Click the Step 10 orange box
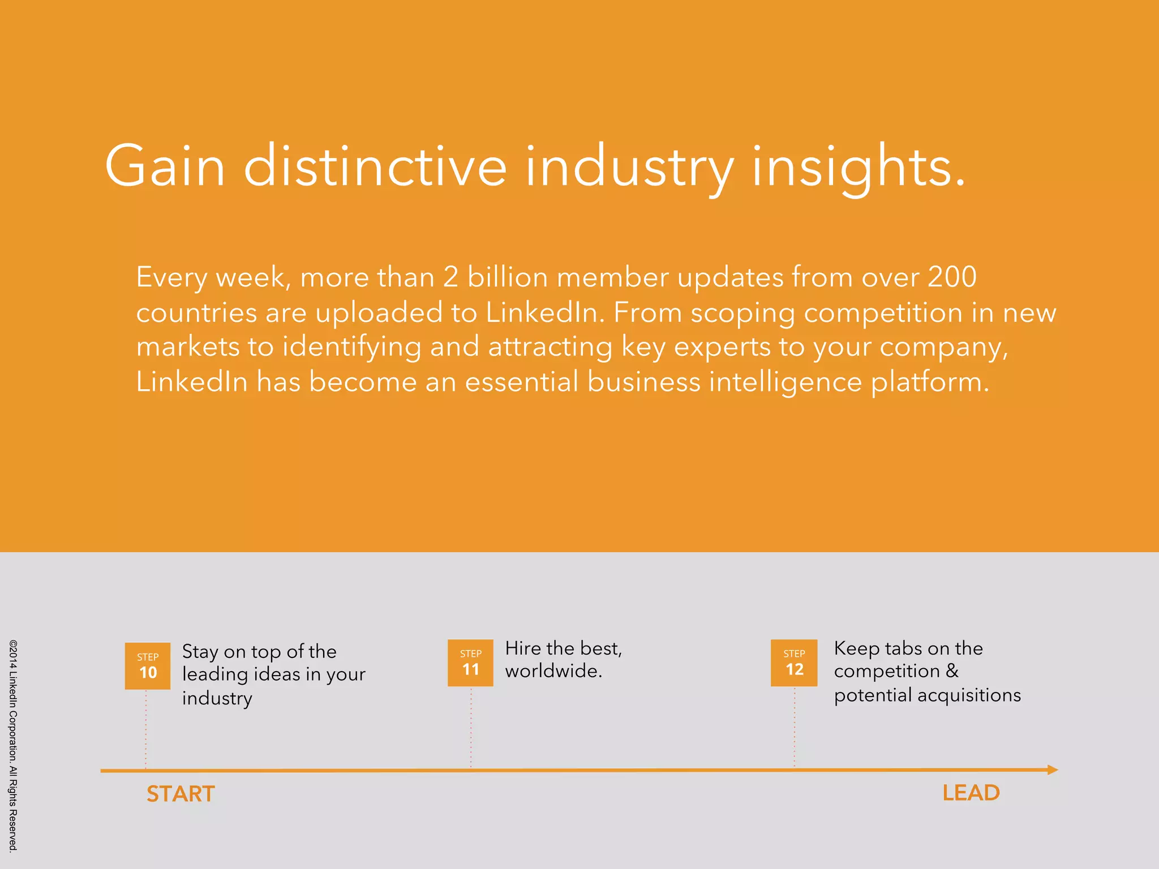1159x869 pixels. pos(147,666)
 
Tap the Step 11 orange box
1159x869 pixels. pos(470,662)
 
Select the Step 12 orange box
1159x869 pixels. pos(794,662)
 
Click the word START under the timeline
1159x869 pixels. pos(181,794)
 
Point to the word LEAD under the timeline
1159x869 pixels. pos(971,793)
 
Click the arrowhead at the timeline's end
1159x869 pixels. pos(1053,769)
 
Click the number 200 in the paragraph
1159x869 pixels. pos(952,277)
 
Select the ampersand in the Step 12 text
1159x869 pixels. pos(952,671)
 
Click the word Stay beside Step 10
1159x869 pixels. pos(200,652)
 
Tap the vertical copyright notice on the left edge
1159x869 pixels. pos(13,745)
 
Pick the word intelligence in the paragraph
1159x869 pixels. pos(785,382)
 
